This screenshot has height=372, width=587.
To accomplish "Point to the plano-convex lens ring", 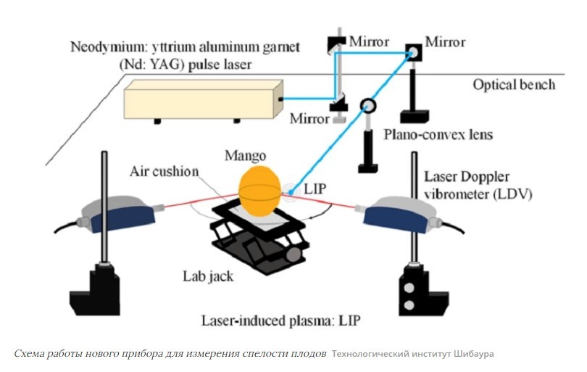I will pyautogui.click(x=369, y=106).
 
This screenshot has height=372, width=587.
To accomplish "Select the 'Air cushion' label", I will pyautogui.click(x=163, y=173).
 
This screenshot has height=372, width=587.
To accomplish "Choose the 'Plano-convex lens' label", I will pyautogui.click(x=427, y=135).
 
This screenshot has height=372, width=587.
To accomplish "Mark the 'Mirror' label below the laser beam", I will pyautogui.click(x=307, y=117).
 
